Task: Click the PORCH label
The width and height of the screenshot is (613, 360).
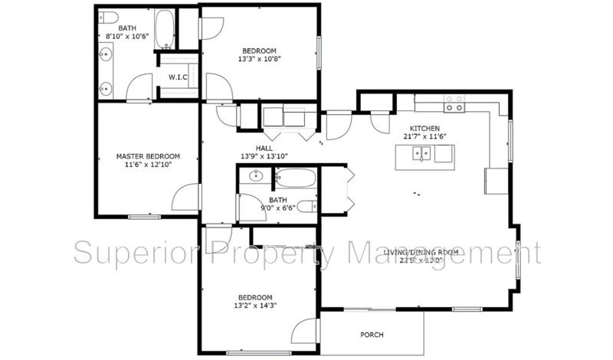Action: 372,335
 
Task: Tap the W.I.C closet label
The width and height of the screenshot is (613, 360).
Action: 178,77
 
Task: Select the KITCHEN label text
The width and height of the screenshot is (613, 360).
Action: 425,128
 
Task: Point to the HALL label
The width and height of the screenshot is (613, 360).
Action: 264,148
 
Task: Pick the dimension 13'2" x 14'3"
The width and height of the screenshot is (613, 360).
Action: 256,306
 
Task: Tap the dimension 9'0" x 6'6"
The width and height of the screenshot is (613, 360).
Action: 278,208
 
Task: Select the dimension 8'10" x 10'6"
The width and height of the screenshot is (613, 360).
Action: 127,37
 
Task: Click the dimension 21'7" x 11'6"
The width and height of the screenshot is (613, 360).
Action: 425,136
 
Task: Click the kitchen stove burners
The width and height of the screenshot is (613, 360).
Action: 454,103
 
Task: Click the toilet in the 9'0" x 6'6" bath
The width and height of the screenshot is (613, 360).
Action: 306,205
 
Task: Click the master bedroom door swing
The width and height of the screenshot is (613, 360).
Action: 185,197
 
